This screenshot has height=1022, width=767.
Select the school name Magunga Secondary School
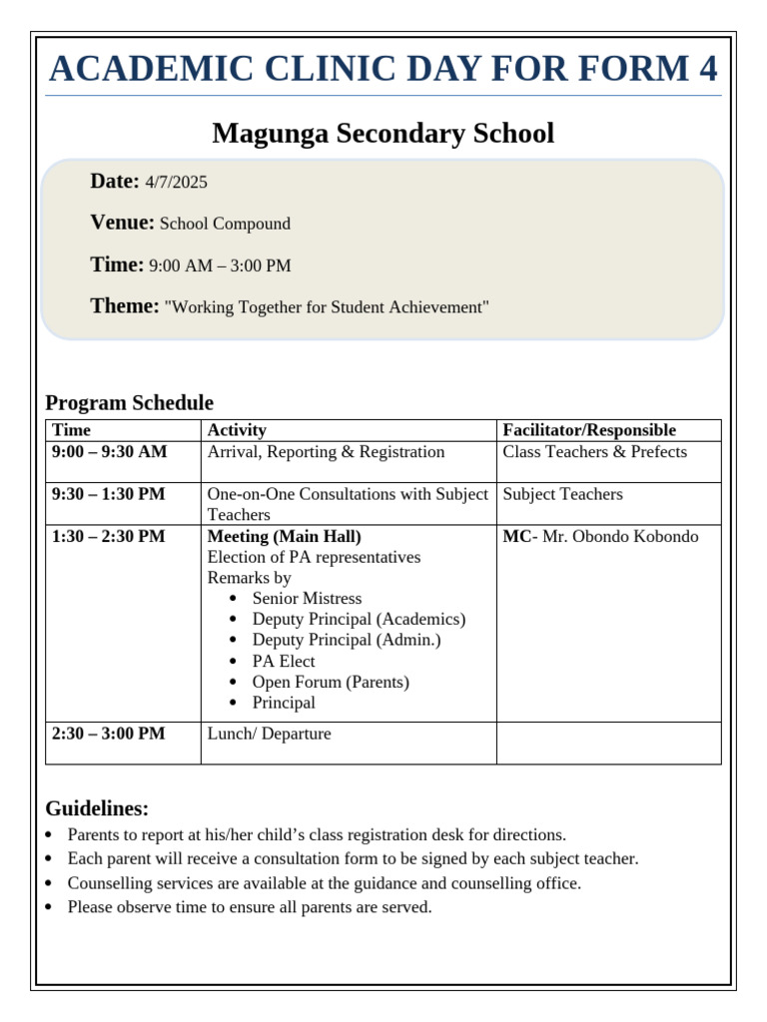(x=383, y=134)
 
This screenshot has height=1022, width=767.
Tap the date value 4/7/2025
(x=176, y=183)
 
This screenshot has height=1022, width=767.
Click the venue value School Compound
(x=225, y=225)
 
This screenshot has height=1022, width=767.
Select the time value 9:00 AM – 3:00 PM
(x=220, y=266)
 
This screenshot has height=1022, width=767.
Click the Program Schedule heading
(x=129, y=403)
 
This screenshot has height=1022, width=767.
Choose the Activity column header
(x=237, y=430)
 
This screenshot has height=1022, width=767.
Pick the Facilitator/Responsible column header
(x=589, y=430)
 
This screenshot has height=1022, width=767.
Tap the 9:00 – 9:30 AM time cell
(x=110, y=452)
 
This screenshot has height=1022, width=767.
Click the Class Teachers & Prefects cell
(x=594, y=452)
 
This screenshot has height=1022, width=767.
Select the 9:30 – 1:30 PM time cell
(x=109, y=494)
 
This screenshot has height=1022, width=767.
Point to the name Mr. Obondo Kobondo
(x=620, y=537)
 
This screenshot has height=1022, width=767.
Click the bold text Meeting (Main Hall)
(x=284, y=537)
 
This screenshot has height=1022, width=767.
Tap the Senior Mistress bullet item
(x=307, y=599)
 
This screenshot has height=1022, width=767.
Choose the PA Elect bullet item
(x=283, y=662)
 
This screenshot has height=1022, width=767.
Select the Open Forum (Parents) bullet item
(x=331, y=683)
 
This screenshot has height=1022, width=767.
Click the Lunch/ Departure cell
(x=269, y=735)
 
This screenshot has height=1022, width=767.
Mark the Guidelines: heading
(x=97, y=808)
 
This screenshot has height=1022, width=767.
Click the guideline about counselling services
(x=324, y=883)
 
